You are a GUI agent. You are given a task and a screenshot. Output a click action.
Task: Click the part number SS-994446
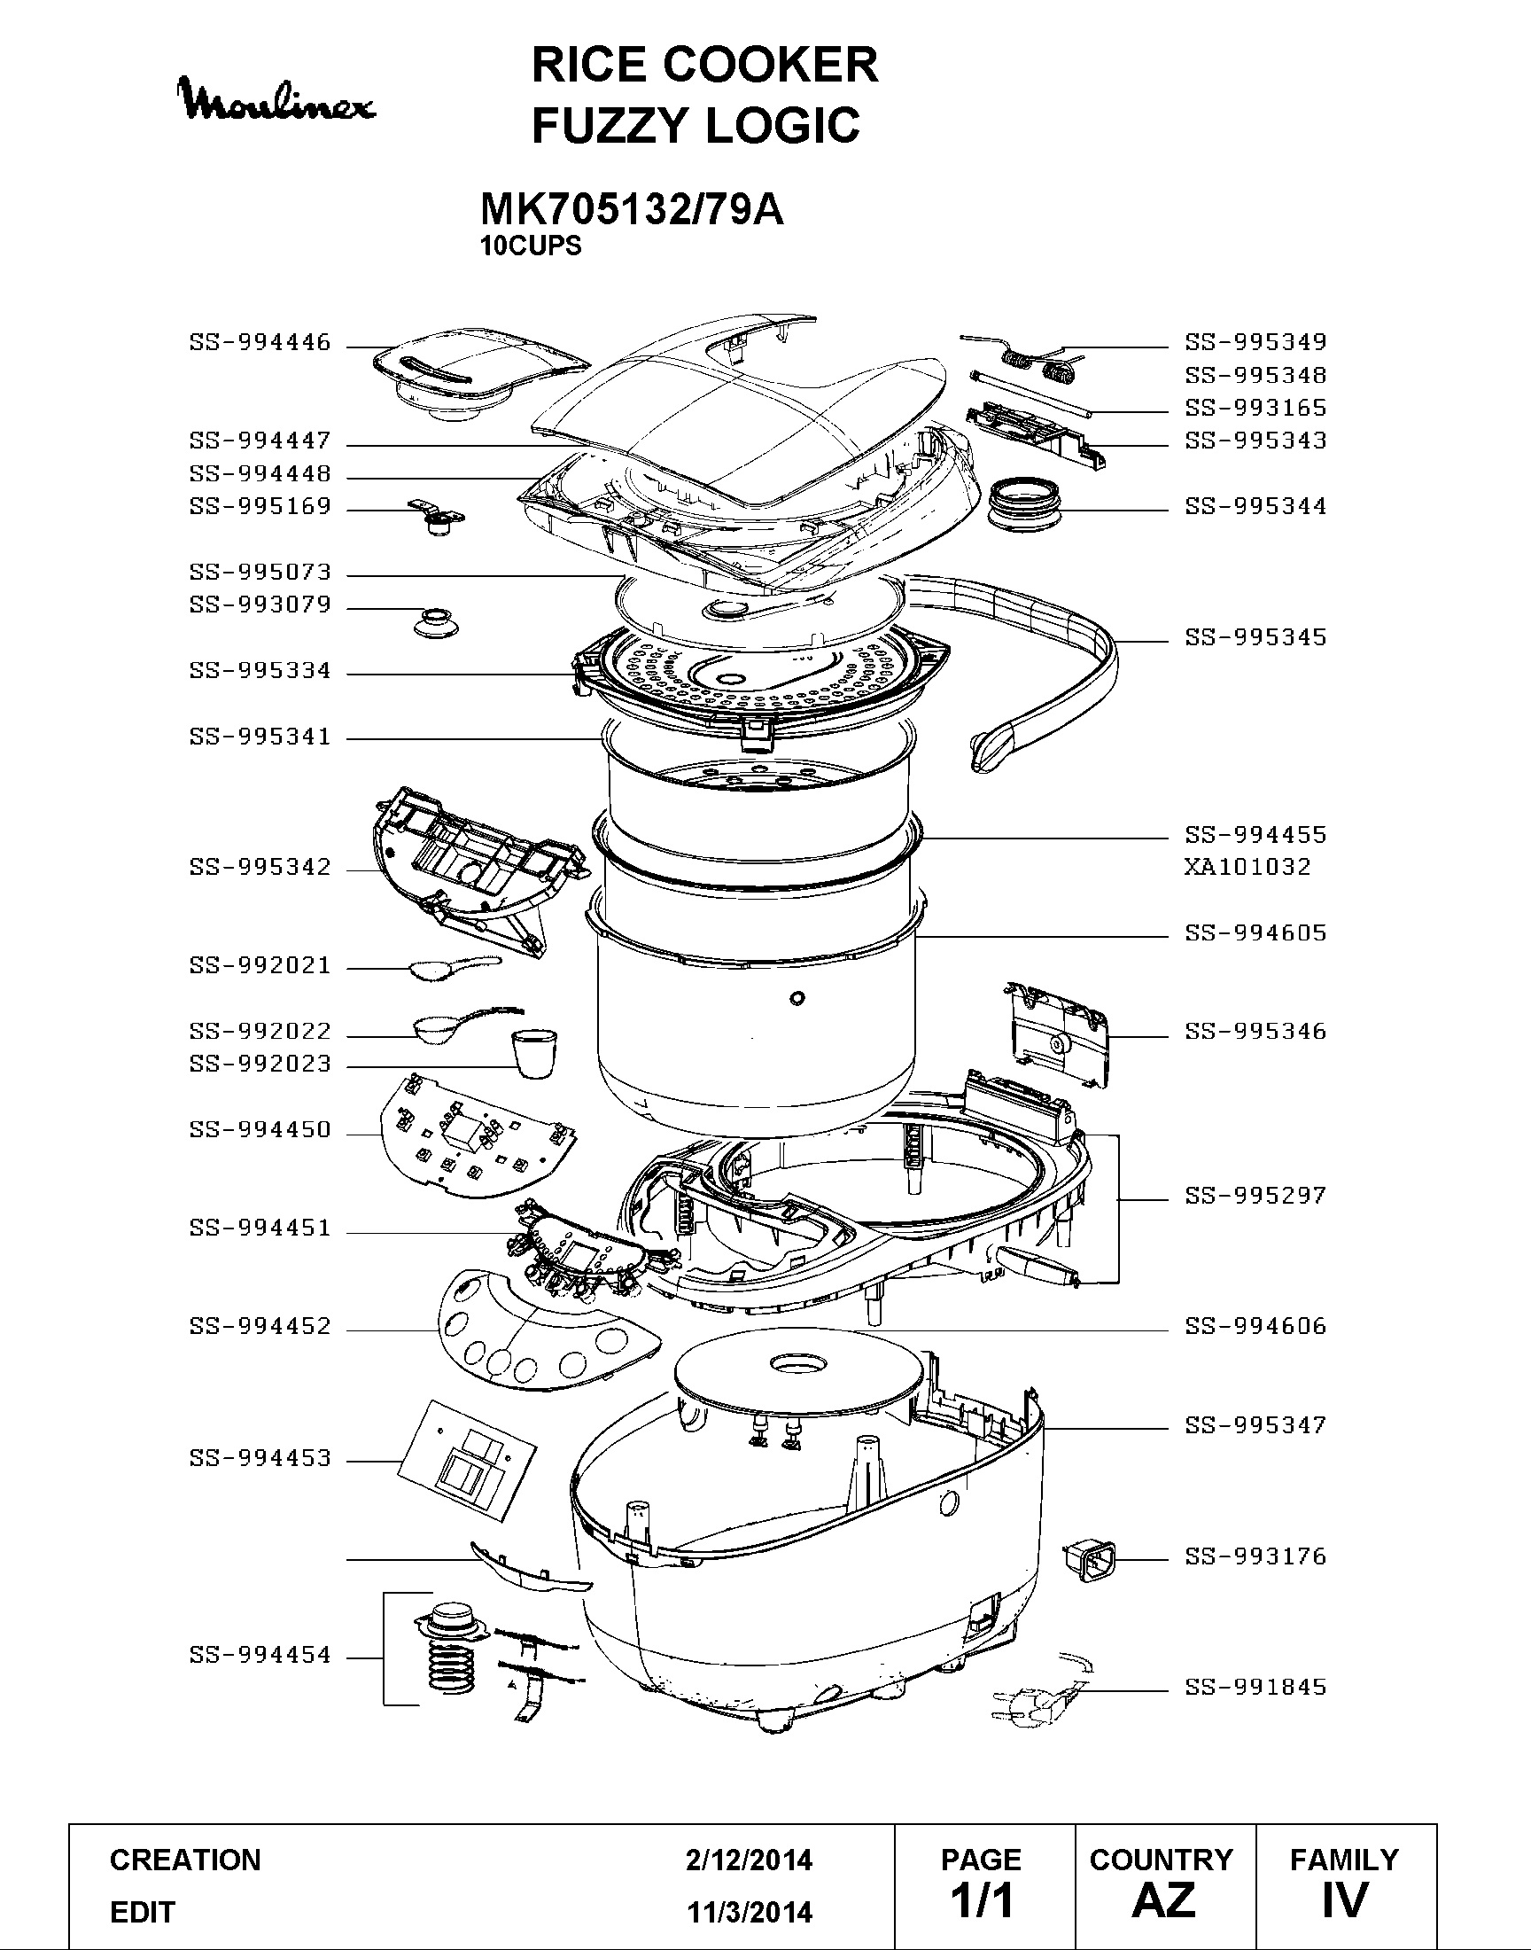(260, 342)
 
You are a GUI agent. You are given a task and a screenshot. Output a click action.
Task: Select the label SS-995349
(1255, 342)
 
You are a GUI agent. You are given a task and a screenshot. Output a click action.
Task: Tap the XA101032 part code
(1247, 867)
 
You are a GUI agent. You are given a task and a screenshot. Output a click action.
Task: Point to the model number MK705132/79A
(632, 210)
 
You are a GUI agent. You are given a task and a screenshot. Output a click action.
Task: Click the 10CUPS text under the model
(531, 246)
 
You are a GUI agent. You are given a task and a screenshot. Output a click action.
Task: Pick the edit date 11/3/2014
(750, 1913)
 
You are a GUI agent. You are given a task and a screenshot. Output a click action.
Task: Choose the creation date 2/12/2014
(750, 1860)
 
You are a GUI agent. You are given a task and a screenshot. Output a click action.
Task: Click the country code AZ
(1163, 1899)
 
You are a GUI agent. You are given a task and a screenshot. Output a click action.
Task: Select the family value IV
(1345, 1899)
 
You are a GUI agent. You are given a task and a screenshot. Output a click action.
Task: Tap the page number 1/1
(983, 1899)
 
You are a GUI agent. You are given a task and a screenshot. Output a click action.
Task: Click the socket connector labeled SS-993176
(1092, 1561)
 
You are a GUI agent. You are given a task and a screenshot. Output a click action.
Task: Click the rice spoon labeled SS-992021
(455, 966)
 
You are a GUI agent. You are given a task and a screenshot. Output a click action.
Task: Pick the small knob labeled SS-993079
(436, 620)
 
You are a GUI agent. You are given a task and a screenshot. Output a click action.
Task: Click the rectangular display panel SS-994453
(467, 1462)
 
